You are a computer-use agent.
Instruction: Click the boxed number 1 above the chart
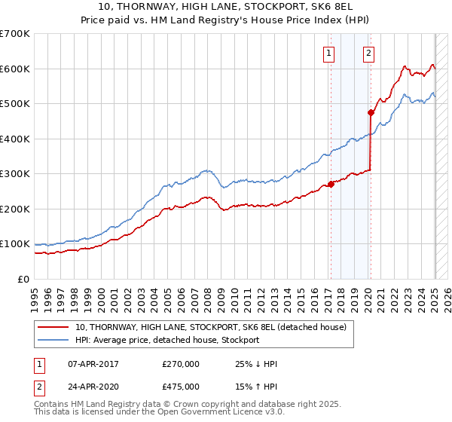(330, 53)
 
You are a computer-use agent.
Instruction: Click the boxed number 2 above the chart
(369, 53)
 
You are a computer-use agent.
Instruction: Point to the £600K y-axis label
(15, 69)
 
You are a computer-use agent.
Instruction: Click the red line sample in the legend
(52, 327)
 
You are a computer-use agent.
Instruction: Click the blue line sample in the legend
(52, 340)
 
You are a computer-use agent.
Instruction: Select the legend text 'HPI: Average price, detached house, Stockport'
(166, 340)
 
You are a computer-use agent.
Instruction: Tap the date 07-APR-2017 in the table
(93, 364)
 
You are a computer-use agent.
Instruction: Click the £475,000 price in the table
(181, 387)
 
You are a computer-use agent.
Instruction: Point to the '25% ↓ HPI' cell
(256, 364)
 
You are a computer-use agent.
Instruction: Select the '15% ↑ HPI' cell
(256, 387)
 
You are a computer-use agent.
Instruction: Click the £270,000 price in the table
(181, 364)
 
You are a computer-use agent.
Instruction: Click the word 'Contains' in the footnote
(53, 406)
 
